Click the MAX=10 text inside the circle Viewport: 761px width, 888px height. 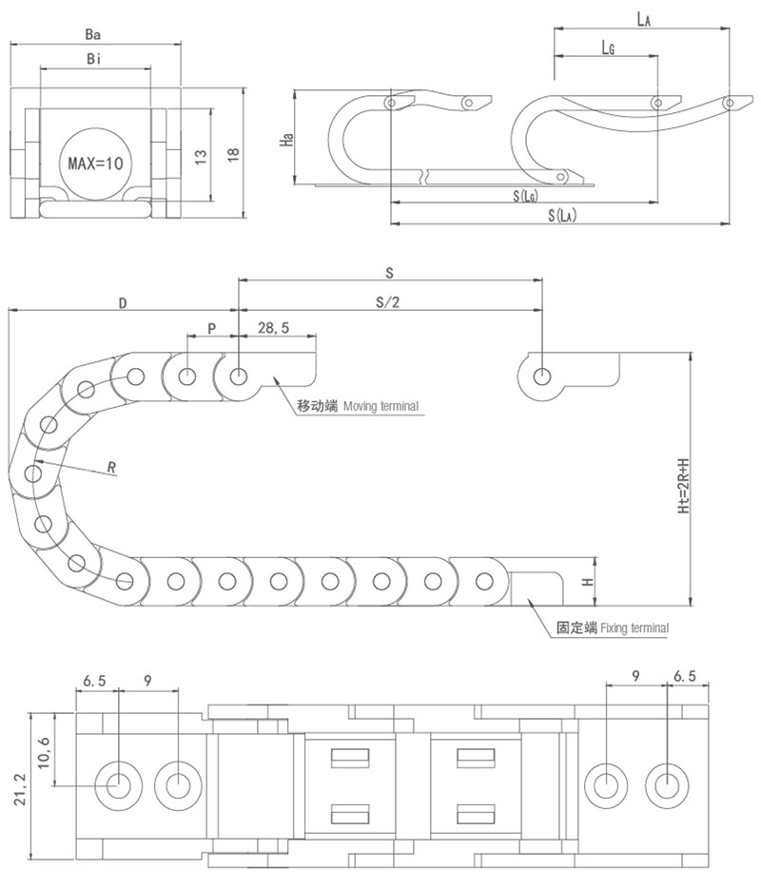coord(95,163)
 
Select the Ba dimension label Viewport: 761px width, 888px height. coord(93,34)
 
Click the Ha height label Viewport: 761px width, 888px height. coord(285,139)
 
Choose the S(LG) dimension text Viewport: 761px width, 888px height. coord(525,196)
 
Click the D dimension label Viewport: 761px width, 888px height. coord(123,302)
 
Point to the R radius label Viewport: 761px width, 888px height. coord(111,467)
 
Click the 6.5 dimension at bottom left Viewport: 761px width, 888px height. coord(95,680)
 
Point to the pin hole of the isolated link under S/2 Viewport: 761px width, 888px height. coord(541,375)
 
